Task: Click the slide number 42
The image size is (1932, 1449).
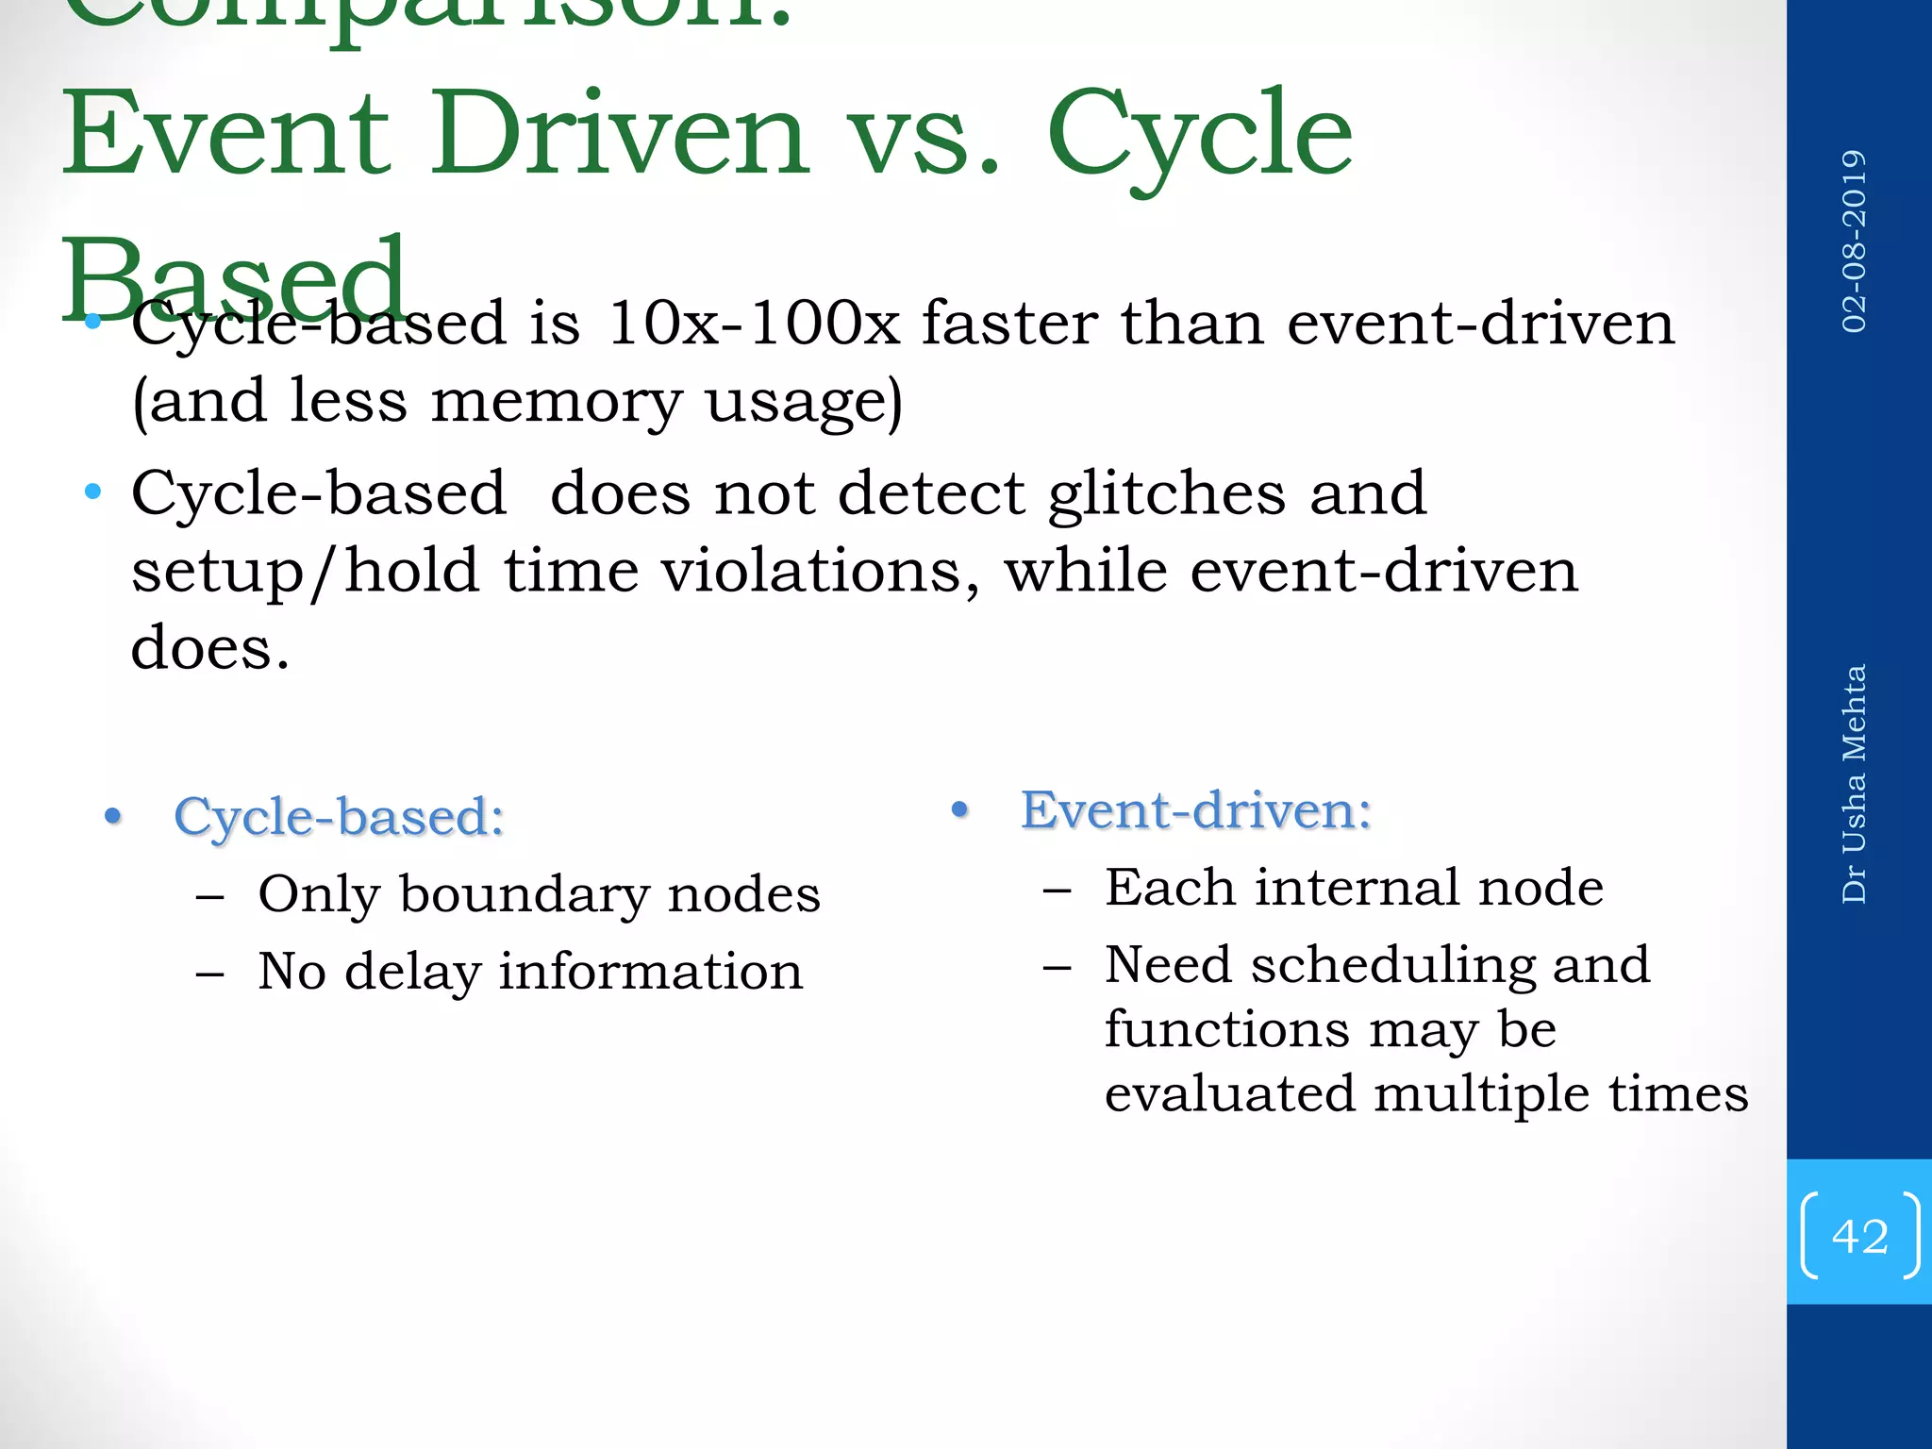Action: click(x=1859, y=1236)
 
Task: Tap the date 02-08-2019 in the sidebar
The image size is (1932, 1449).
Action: click(x=1854, y=241)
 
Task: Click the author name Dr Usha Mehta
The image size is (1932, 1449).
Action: click(x=1854, y=784)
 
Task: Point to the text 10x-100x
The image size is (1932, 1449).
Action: click(x=753, y=324)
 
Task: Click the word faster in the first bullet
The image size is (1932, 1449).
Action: click(x=1009, y=324)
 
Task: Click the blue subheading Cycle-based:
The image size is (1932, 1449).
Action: click(x=339, y=817)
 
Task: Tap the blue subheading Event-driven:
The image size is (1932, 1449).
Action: click(x=1195, y=810)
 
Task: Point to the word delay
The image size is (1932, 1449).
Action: click(x=411, y=973)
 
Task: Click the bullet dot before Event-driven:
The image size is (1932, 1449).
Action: click(x=960, y=810)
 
